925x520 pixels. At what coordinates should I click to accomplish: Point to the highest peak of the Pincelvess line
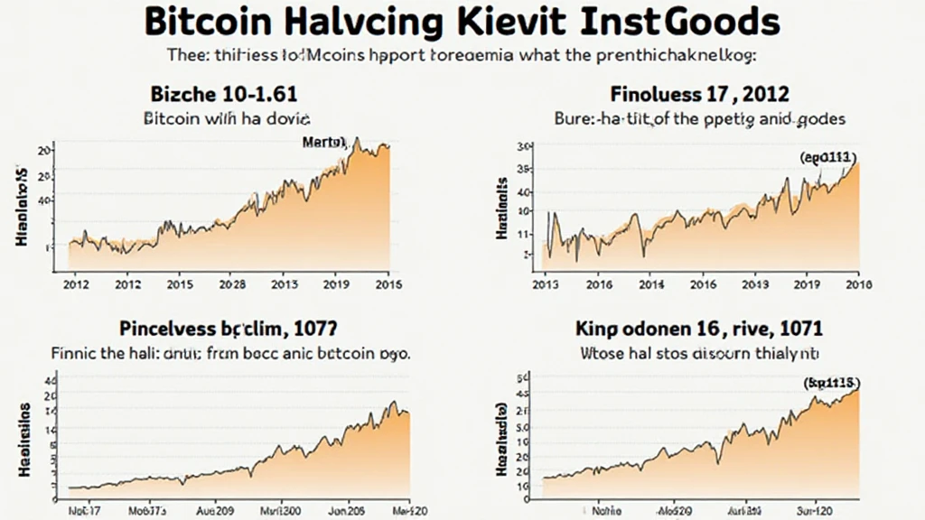pos(393,402)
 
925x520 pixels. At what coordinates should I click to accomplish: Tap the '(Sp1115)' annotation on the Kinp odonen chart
pos(830,382)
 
